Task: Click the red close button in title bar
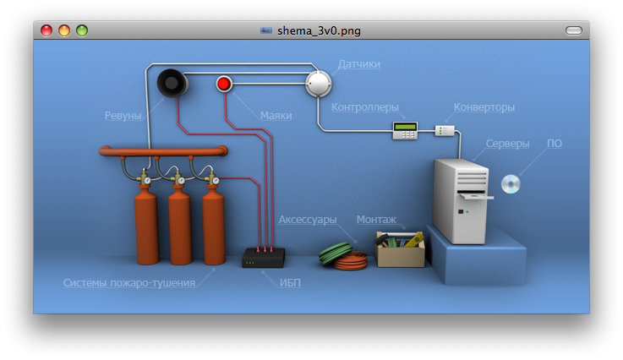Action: pyautogui.click(x=46, y=30)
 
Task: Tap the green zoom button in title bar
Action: pyautogui.click(x=82, y=30)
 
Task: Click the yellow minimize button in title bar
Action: pyautogui.click(x=64, y=30)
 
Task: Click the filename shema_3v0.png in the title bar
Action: pyautogui.click(x=319, y=30)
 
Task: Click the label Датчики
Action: pyautogui.click(x=359, y=64)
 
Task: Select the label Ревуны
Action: pyautogui.click(x=123, y=116)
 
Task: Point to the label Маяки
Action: pyautogui.click(x=276, y=115)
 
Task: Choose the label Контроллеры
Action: pyautogui.click(x=364, y=107)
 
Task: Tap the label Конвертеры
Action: pyautogui.click(x=484, y=107)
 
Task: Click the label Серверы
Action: pyautogui.click(x=508, y=144)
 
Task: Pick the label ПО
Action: pyautogui.click(x=555, y=144)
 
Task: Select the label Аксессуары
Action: pyautogui.click(x=308, y=220)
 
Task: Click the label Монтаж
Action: pyautogui.click(x=376, y=220)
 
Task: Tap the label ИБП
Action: pyautogui.click(x=290, y=283)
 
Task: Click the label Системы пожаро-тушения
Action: pyautogui.click(x=129, y=283)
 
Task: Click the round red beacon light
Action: pyautogui.click(x=224, y=84)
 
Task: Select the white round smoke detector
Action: pyautogui.click(x=320, y=83)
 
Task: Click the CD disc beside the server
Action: pyautogui.click(x=510, y=183)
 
